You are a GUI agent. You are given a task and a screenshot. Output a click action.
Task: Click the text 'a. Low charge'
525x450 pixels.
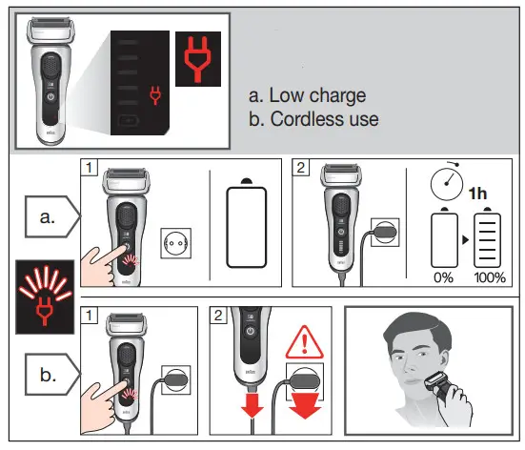pos(306,95)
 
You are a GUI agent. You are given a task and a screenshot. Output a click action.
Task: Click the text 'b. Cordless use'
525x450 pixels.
pos(313,119)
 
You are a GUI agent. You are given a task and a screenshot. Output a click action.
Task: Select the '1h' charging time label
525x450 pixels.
pos(478,192)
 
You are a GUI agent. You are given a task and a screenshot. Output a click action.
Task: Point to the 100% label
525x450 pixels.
pos(490,277)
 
